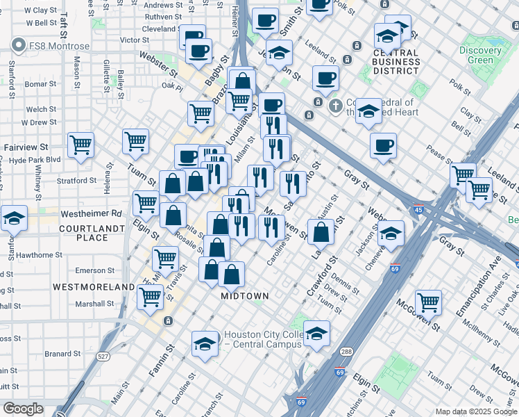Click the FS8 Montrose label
(x=59, y=46)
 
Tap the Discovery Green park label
(x=480, y=55)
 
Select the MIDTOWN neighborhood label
(x=244, y=296)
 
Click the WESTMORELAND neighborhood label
(x=96, y=286)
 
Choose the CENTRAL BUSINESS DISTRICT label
(x=395, y=62)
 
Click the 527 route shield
(x=103, y=356)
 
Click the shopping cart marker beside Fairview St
(x=81, y=145)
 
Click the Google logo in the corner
(x=23, y=409)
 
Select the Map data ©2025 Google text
(x=475, y=411)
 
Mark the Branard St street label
(x=63, y=353)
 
